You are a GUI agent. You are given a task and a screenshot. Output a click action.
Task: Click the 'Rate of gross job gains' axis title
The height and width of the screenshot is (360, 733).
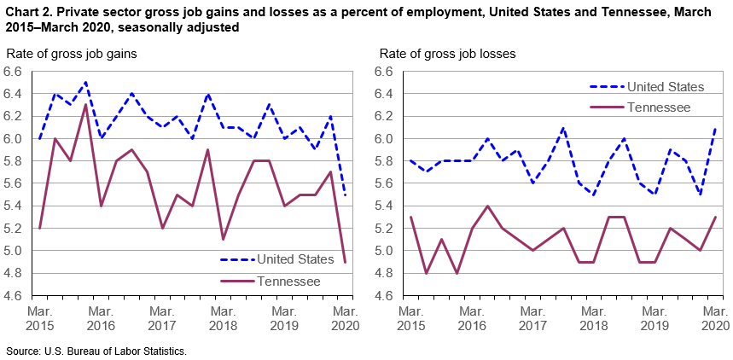click(72, 54)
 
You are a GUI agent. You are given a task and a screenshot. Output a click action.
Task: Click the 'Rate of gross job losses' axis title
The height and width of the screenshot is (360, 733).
click(447, 54)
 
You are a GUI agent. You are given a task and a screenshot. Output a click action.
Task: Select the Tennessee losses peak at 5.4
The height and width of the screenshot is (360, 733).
click(487, 206)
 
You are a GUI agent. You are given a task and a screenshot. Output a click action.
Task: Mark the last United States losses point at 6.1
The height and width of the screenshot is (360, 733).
click(715, 128)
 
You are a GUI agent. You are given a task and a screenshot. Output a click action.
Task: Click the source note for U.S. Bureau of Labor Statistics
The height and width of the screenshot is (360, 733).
click(96, 351)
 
